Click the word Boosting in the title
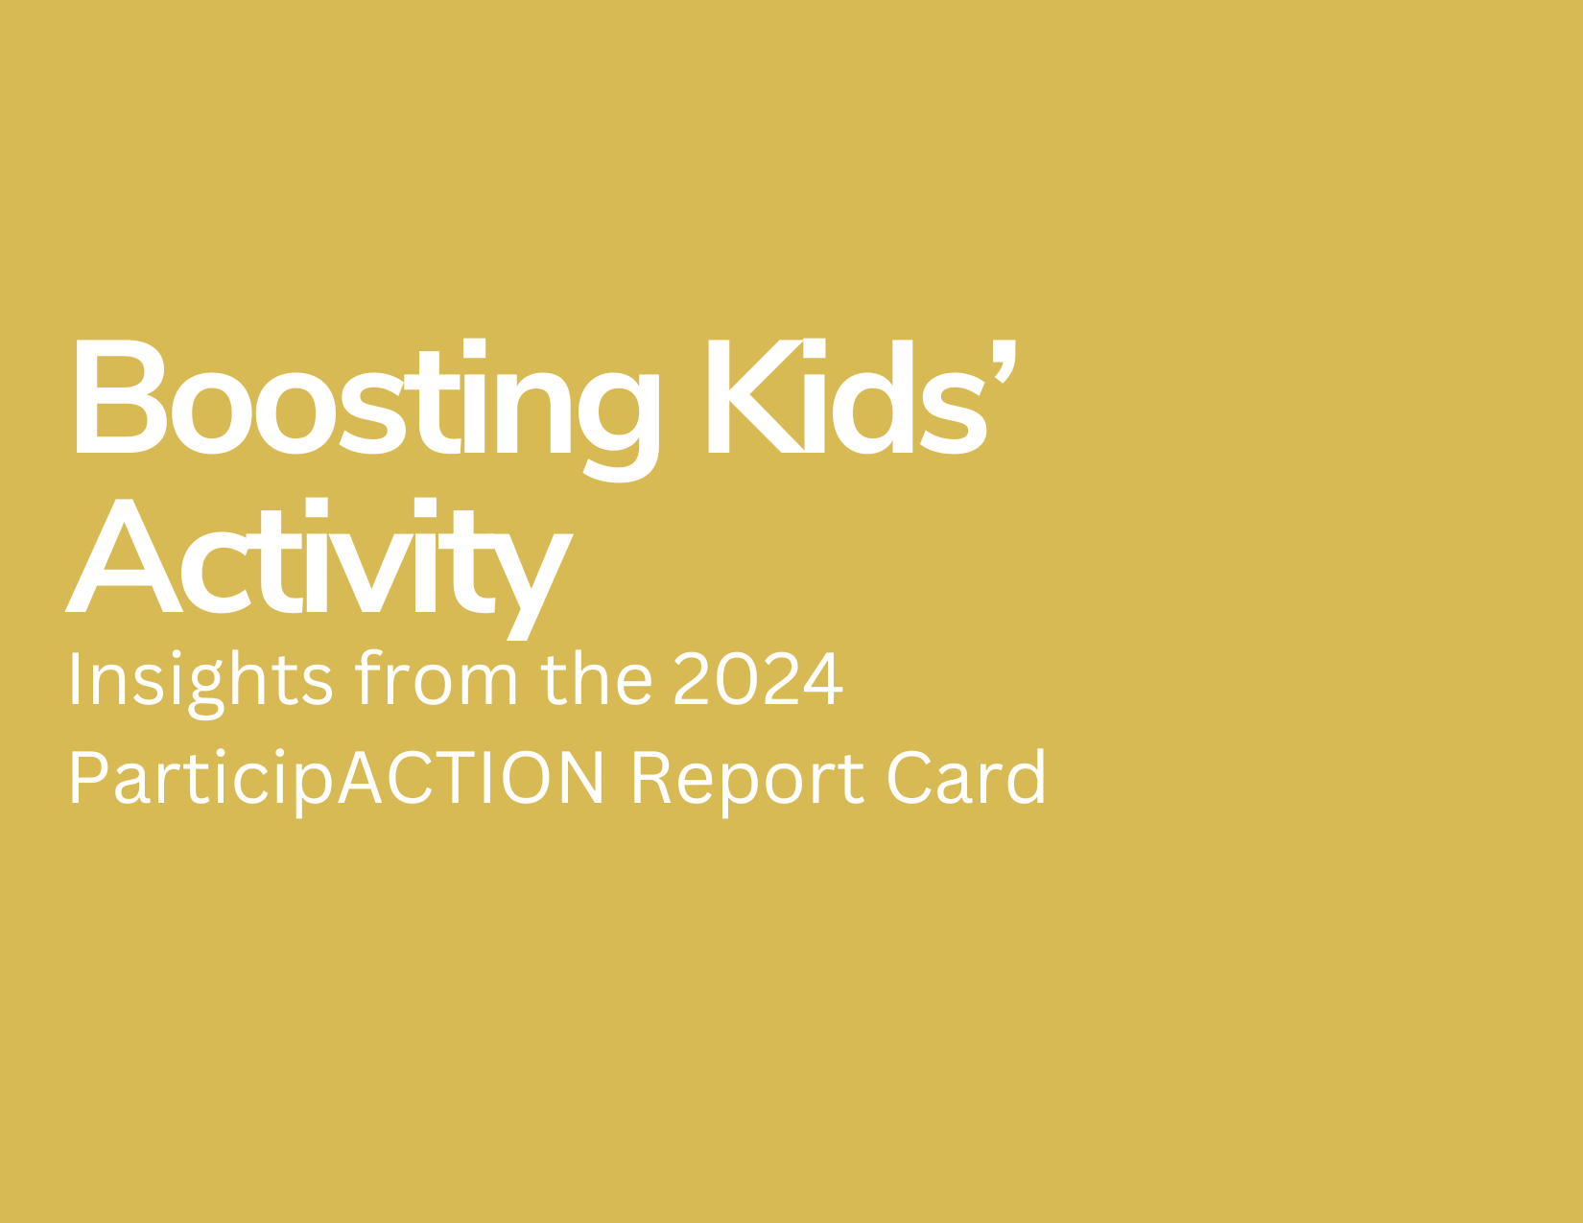(367, 411)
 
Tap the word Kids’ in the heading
(862, 397)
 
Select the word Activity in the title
(319, 569)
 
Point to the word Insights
(201, 684)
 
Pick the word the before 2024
(596, 678)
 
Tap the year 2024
(758, 678)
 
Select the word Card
(966, 776)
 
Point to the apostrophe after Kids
(1004, 361)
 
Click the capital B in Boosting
(122, 396)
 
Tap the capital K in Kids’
(756, 396)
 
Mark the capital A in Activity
(124, 555)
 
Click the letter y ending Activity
(534, 587)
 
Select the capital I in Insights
(74, 678)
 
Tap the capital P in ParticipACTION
(89, 777)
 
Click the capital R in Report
(651, 777)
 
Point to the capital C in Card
(910, 777)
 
